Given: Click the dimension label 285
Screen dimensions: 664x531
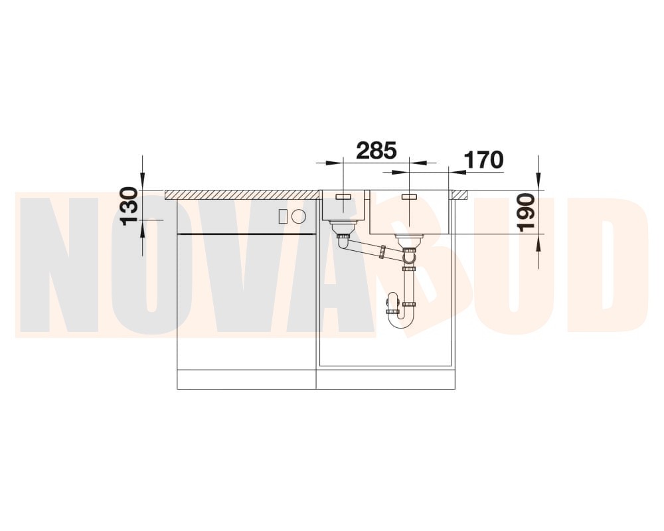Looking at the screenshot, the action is (376, 150).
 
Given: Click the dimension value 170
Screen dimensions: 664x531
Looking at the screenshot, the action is (484, 160).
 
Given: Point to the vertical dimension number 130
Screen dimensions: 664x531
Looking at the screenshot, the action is (129, 206).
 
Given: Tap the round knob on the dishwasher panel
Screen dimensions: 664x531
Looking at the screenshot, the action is (299, 216).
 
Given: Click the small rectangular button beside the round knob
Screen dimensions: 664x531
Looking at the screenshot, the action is (283, 216).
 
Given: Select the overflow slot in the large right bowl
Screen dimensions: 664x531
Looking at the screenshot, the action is (410, 197).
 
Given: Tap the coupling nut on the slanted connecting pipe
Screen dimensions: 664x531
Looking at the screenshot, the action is (383, 252).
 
